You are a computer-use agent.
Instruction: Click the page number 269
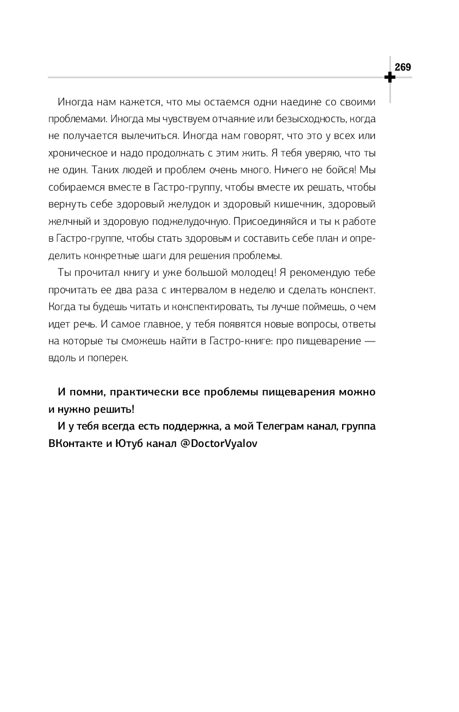(402, 67)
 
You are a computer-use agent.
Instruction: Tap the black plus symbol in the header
(389, 78)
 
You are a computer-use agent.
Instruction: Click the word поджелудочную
(194, 222)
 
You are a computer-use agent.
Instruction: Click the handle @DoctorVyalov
(219, 444)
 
